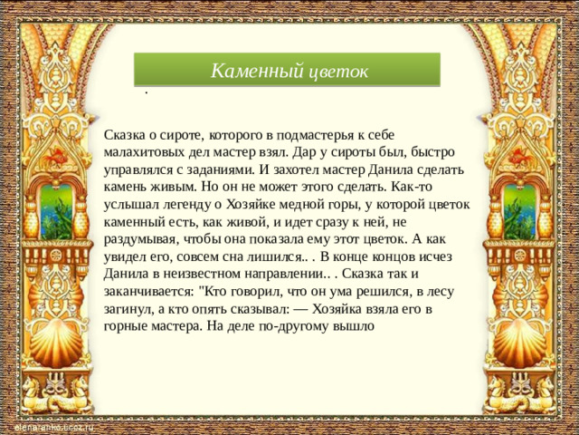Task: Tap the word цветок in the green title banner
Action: point(336,71)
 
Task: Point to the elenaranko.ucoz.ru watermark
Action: point(52,427)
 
